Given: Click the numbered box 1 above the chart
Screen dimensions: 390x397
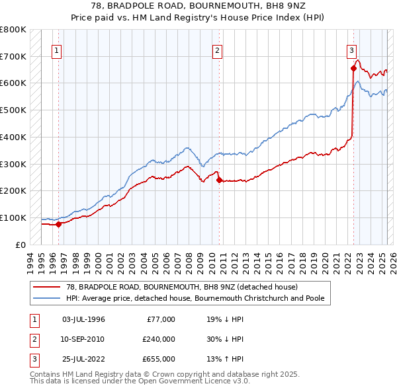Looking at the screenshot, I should [x=57, y=50].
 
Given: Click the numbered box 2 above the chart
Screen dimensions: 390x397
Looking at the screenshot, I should [x=217, y=50].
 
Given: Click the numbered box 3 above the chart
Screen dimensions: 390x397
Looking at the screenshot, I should [x=351, y=50].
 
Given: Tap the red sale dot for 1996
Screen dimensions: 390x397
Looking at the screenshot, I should [x=58, y=223].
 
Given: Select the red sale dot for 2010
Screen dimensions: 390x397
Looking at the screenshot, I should [x=219, y=180].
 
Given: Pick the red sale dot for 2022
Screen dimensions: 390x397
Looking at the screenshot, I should [x=353, y=67].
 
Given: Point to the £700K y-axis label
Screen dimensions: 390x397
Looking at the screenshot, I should [x=13, y=56].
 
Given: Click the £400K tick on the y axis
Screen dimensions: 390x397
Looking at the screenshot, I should [x=13, y=137].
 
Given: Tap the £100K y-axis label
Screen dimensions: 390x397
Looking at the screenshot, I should [x=13, y=217].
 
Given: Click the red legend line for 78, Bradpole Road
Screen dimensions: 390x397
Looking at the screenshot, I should [x=46, y=287].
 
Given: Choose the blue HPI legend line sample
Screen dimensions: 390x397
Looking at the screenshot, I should [x=46, y=298].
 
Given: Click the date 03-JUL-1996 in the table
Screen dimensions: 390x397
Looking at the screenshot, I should [x=83, y=319].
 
